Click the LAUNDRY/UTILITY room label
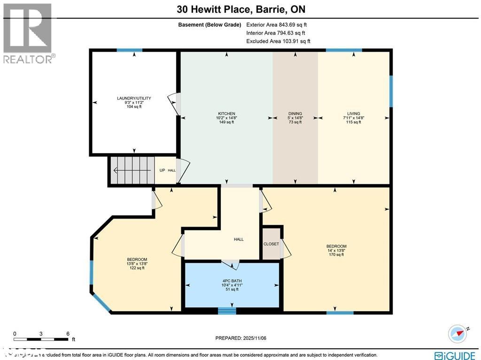[x=134, y=98]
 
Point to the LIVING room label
[x=353, y=114]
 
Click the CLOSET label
[x=271, y=244]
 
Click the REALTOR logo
[x=28, y=33]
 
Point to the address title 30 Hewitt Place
[x=241, y=9]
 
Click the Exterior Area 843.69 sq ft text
[x=277, y=24]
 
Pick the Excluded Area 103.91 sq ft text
[x=278, y=41]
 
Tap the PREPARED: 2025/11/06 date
[x=241, y=338]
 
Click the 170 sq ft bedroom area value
[x=336, y=255]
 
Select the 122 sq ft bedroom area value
[x=137, y=268]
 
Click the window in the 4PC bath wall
[x=227, y=311]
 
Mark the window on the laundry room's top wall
[x=129, y=50]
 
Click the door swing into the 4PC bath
[x=231, y=265]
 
